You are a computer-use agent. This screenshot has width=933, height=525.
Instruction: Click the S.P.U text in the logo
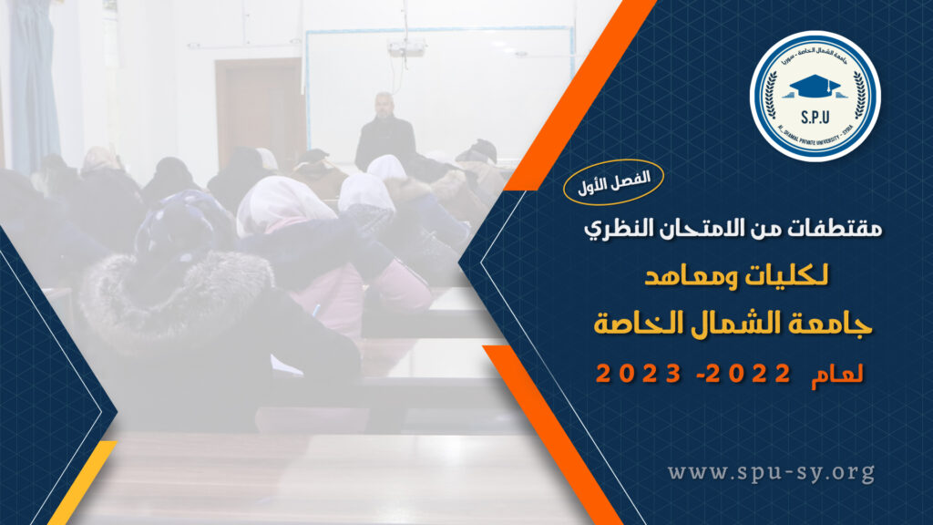815,118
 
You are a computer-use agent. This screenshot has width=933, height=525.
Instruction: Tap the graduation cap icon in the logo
814,87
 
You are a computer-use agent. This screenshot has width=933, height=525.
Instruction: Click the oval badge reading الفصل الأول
613,182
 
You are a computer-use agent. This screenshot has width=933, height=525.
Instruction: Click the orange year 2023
639,374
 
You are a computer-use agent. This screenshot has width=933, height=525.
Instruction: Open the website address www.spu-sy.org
771,473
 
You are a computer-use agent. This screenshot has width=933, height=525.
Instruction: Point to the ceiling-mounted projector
406,47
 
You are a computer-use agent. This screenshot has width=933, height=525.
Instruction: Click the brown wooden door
260,113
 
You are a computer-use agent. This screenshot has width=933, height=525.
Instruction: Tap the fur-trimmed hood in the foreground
179,298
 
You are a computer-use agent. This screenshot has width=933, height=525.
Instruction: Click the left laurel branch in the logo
771,95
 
